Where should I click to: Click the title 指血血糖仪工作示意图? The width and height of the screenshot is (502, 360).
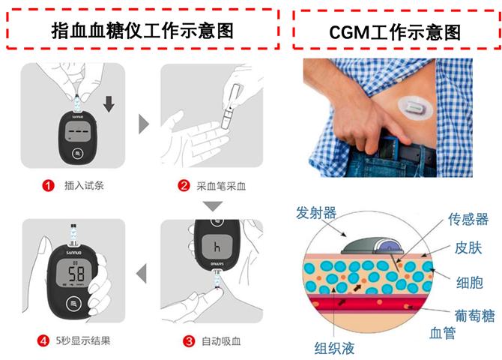(x=142, y=31)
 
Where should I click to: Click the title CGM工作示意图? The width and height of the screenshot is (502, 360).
(x=395, y=32)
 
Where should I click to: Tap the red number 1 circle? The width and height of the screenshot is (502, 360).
(x=49, y=185)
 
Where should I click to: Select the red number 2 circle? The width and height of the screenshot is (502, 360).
(x=184, y=185)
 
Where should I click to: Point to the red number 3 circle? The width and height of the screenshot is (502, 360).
(x=189, y=340)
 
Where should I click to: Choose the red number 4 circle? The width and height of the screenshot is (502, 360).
(x=43, y=340)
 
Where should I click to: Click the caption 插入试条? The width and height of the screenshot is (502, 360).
(x=84, y=185)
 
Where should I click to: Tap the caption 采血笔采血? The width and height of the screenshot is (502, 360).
(x=221, y=186)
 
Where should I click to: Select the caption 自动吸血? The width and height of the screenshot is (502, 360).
(x=221, y=341)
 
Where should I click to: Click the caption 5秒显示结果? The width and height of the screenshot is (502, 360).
(x=83, y=340)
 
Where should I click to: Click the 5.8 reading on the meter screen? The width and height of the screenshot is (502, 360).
(x=76, y=274)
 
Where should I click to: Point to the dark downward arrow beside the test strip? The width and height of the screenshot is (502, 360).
(x=109, y=103)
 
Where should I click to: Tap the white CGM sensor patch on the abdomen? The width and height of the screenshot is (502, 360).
(x=415, y=108)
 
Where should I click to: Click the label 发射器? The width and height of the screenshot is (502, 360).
(x=316, y=213)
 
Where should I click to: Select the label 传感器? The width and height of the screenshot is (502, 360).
(x=468, y=219)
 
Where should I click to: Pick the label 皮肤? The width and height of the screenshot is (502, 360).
(x=468, y=248)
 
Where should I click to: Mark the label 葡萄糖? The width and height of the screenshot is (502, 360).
(x=474, y=316)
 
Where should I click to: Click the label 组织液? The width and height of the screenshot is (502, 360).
(x=334, y=349)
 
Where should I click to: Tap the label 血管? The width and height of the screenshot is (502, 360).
(x=443, y=333)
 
